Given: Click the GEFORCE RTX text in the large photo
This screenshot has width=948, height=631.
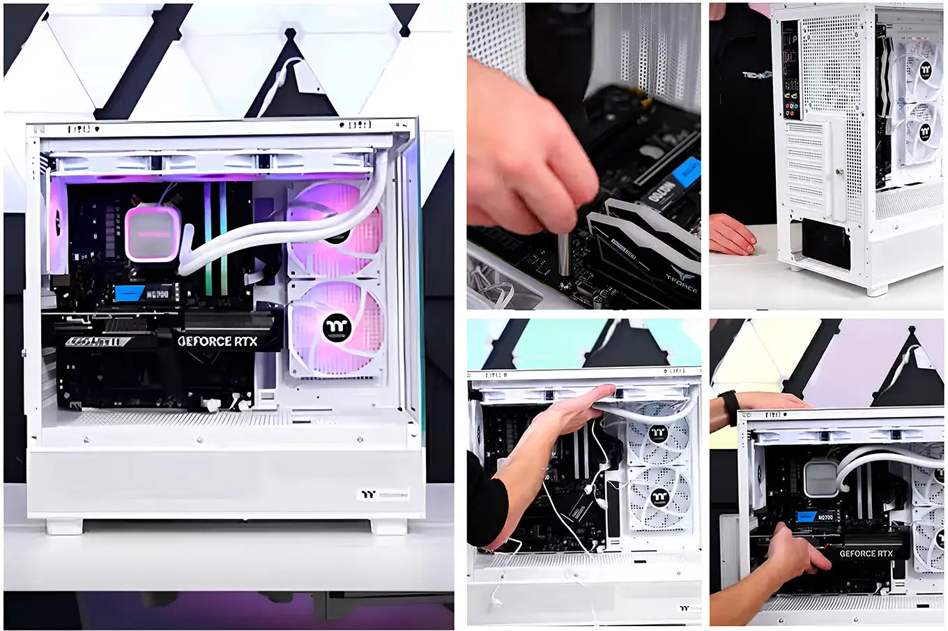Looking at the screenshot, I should tap(217, 341).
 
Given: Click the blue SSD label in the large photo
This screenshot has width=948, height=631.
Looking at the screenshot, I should tap(129, 293).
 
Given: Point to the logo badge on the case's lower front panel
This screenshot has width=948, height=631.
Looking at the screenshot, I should tap(382, 494).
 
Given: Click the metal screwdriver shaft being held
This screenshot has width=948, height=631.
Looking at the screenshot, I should tap(563, 254).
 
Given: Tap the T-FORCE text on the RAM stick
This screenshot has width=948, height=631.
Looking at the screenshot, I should tap(680, 278).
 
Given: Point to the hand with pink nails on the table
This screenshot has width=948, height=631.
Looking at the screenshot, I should tap(732, 235).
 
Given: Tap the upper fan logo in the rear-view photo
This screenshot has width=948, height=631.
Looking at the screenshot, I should tap(925, 68).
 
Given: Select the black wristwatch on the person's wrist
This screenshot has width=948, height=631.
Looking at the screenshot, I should tap(729, 407).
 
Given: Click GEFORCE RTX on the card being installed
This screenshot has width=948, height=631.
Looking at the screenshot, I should tap(866, 554).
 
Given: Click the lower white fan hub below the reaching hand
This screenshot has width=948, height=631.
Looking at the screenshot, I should tap(659, 497).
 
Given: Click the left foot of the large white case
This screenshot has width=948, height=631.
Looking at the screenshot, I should tap(64, 526).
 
